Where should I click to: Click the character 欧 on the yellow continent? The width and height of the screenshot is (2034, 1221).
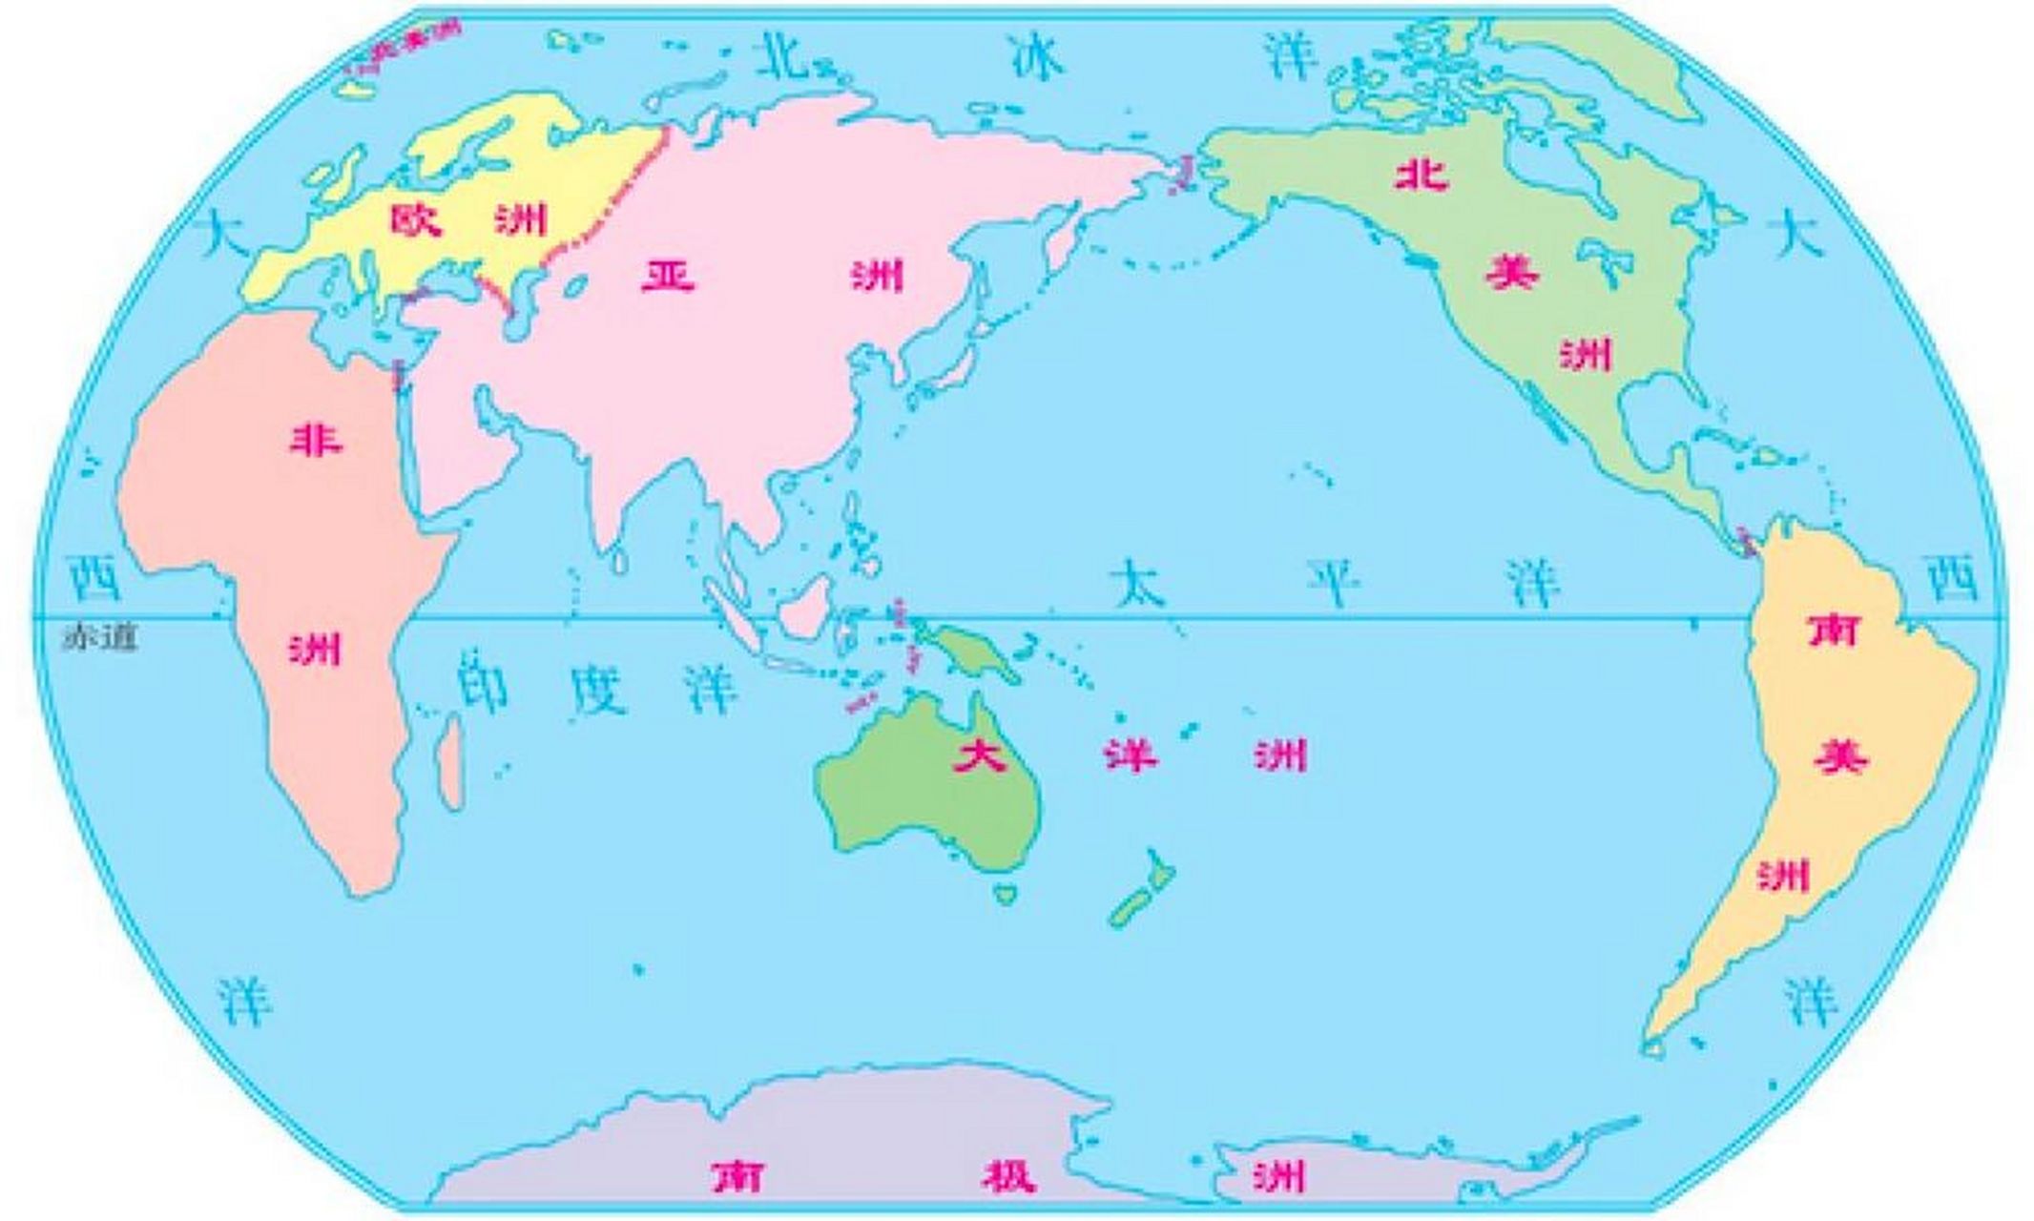tap(417, 220)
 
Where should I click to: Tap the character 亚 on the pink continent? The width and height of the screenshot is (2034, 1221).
tap(667, 277)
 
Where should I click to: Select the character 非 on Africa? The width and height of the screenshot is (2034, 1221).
tap(316, 440)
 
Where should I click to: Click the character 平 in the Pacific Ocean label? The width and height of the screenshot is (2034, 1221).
tap(1334, 581)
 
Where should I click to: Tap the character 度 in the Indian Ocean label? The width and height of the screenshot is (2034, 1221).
tap(598, 689)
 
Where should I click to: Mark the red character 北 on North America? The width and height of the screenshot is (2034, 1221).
tap(1422, 176)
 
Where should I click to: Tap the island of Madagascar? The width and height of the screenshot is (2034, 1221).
tap(450, 763)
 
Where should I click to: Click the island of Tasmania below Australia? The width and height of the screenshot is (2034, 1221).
tap(1004, 895)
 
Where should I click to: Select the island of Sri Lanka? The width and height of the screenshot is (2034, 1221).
tap(620, 560)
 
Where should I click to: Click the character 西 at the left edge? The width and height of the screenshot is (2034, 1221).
tap(94, 579)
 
